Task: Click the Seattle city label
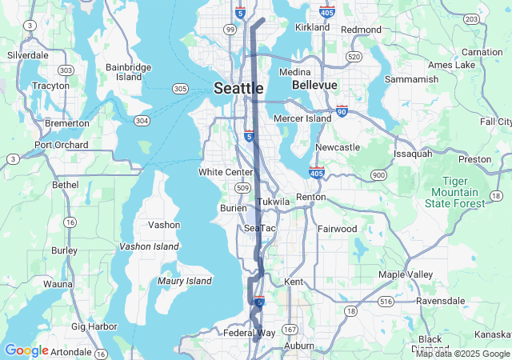[x=238, y=88]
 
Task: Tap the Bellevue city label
[x=314, y=84]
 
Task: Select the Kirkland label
[x=312, y=27]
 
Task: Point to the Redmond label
[x=361, y=30]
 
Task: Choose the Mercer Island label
[x=302, y=118]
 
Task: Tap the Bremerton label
[x=66, y=123]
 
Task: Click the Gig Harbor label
[x=94, y=326]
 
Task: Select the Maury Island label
[x=184, y=281]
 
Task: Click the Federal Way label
[x=249, y=333]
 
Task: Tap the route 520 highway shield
[x=354, y=57]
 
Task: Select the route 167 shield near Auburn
[x=289, y=329]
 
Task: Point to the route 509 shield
[x=242, y=186]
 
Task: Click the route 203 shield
[x=472, y=18]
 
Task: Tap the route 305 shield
[x=180, y=88]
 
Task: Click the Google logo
[x=26, y=350]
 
